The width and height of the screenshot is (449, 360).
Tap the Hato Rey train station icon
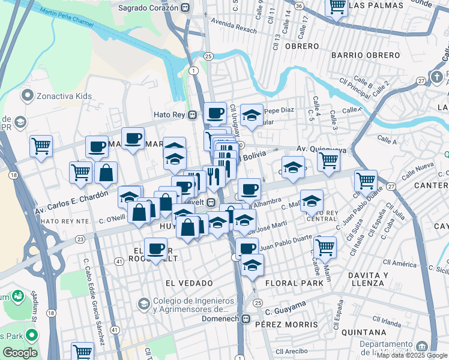click(x=193, y=115)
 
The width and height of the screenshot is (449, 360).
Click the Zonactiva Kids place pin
click(x=27, y=95)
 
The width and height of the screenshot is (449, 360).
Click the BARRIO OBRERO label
click(x=366, y=55)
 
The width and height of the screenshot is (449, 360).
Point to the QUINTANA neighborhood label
click(x=363, y=332)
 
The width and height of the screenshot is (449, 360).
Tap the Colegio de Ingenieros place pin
click(x=143, y=304)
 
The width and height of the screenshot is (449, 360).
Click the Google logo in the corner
click(x=20, y=353)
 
